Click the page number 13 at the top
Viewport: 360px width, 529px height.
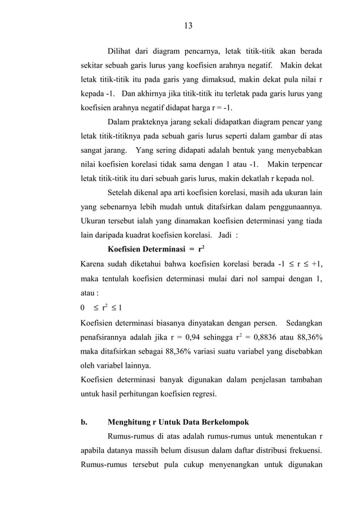188,25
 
